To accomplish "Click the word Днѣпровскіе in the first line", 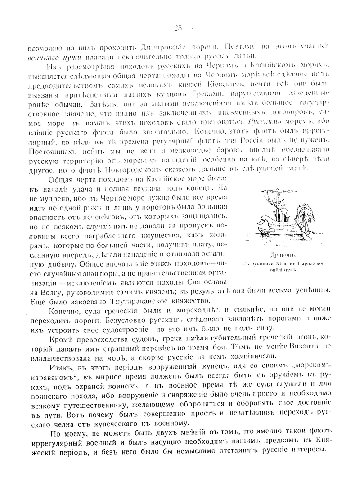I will [x=146, y=47].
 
